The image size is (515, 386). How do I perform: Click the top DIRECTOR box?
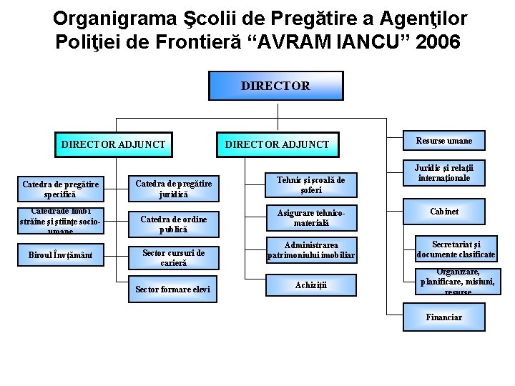click(x=275, y=86)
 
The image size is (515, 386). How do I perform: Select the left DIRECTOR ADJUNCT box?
click(x=113, y=144)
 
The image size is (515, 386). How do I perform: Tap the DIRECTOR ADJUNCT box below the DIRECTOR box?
click(x=278, y=144)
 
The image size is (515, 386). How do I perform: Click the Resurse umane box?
click(x=444, y=141)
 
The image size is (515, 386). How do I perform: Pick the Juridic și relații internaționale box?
click(x=444, y=172)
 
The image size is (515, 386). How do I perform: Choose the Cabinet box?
click(x=444, y=212)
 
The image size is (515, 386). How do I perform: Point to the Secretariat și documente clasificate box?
click(x=456, y=249)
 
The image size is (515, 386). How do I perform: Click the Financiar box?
click(x=444, y=317)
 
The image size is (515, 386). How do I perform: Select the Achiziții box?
click(x=310, y=285)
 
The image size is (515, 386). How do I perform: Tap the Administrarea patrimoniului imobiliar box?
click(x=310, y=250)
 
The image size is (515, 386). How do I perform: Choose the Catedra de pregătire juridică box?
click(x=174, y=189)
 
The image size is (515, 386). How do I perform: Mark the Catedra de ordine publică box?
click(x=174, y=224)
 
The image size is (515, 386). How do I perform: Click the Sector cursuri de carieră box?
click(x=174, y=257)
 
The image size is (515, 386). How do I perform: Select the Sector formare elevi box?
click(x=174, y=289)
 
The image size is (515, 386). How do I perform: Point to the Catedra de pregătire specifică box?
click(x=61, y=189)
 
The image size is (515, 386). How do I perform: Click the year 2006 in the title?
click(x=436, y=42)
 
